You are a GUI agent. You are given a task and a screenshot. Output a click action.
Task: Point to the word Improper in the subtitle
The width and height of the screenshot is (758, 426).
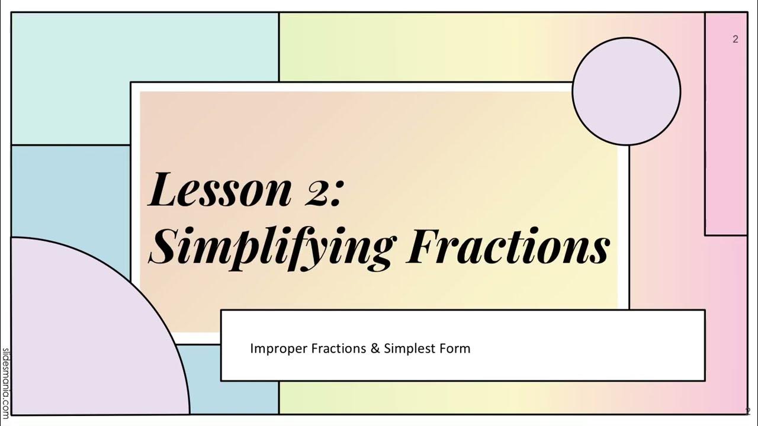(277, 348)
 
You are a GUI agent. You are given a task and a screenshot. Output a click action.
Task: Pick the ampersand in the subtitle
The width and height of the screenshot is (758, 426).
(375, 348)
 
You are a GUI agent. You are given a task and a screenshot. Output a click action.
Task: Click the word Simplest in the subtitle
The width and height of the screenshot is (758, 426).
(409, 348)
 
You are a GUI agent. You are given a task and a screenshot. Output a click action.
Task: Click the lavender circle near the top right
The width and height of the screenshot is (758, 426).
(626, 91)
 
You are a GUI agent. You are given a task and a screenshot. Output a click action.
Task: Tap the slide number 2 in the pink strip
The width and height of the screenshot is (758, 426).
(735, 40)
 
